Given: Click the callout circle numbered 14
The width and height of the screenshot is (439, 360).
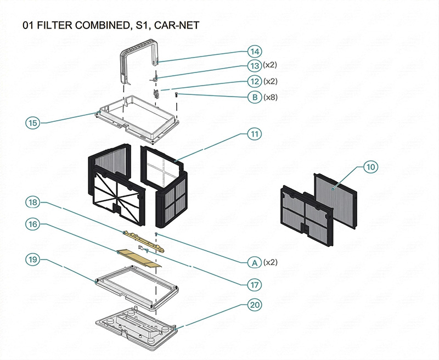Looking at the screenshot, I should pos(254,52).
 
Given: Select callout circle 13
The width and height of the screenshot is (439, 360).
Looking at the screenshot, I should pos(254,66).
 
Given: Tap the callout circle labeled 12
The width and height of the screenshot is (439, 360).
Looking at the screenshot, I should pos(254,81).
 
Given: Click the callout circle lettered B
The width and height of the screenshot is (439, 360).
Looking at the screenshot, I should pos(254,97).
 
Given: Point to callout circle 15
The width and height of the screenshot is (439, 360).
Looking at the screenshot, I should pos(33,123).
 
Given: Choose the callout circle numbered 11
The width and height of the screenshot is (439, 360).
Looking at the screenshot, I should pos(254,133).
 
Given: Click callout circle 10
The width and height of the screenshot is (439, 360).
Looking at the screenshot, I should pos(370,167).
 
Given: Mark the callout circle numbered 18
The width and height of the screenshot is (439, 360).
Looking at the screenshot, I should pos(33,203).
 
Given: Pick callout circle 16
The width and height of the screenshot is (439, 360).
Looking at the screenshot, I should pos(33,224).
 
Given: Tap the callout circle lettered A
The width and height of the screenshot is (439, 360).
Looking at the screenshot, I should pos(254,262).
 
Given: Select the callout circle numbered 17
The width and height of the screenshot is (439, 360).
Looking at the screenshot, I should pos(254,284).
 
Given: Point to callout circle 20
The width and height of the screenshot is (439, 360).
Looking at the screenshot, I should pos(254,305).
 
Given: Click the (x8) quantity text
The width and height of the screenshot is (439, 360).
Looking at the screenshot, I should pos(271,97).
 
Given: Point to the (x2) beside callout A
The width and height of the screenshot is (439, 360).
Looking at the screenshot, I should pos(271,262).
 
